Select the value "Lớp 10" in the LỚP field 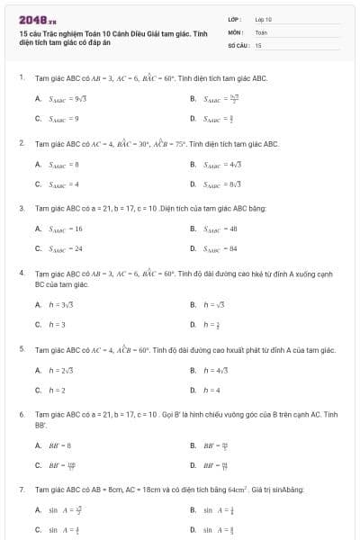point(263,18)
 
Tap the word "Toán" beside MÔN point(261,31)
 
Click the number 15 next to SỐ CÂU point(258,44)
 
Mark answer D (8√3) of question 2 point(222,184)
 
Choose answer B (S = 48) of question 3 point(220,229)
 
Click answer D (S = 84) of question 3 point(220,248)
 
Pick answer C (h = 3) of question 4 point(56,323)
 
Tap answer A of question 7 point(62,509)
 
